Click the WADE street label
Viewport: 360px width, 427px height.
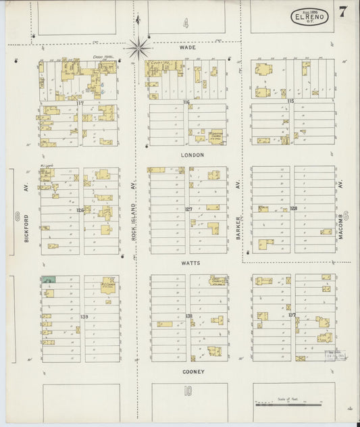[187, 48]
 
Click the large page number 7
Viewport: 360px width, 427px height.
[344, 12]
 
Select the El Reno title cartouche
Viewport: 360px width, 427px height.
[310, 16]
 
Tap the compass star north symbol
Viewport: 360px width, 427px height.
[140, 47]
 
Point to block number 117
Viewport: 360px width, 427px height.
[79, 103]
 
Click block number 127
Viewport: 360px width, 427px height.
[188, 209]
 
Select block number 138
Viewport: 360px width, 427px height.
[188, 316]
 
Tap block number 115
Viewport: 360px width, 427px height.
[290, 101]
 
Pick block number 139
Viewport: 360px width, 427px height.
[84, 316]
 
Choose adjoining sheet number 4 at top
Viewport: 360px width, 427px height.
[184, 24]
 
